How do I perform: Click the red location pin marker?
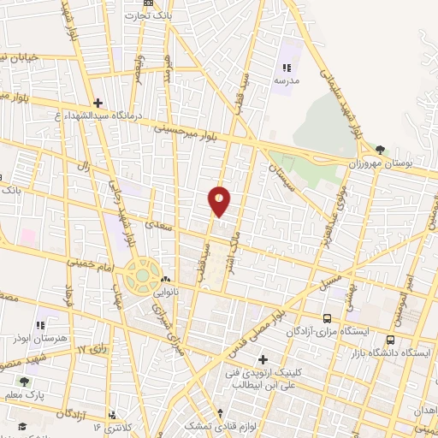220,200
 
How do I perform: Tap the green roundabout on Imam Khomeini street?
142,275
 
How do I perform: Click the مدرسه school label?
287,80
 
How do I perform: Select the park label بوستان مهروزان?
379,163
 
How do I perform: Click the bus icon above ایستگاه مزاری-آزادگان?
327,318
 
